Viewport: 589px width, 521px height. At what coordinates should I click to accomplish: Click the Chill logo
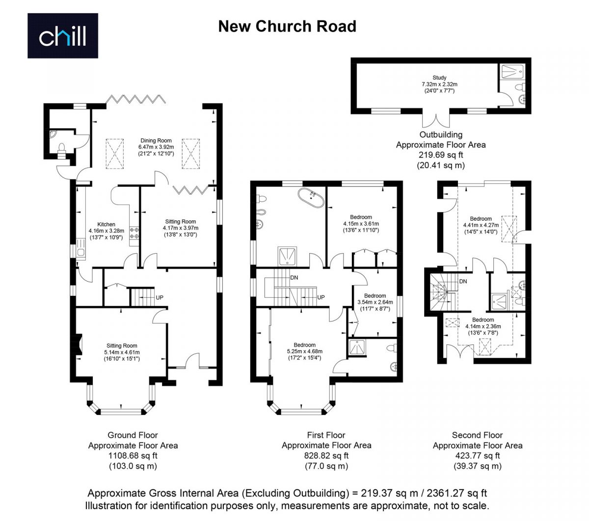62,35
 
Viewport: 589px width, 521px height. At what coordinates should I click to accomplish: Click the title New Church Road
287,26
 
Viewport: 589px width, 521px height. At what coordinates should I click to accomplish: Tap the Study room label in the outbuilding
439,78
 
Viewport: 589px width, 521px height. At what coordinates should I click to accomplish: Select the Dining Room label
156,141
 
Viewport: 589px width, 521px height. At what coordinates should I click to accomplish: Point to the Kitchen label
106,224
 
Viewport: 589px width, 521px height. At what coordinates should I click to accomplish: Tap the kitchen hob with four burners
134,233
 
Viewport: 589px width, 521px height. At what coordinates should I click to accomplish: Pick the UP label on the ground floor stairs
160,298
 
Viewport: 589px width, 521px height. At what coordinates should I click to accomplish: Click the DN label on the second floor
463,281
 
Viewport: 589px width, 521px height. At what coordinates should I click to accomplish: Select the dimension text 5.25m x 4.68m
304,351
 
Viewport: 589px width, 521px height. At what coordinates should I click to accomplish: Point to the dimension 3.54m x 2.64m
375,302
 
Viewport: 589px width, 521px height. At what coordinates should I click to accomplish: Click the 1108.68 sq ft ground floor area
133,455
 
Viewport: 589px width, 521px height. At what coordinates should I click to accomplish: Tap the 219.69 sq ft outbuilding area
441,155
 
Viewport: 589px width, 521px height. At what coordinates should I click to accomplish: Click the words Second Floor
478,435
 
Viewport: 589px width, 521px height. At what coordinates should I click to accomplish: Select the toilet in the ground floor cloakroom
62,150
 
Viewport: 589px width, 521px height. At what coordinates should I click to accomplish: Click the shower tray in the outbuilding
513,71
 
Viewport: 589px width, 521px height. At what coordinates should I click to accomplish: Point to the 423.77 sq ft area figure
478,456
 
